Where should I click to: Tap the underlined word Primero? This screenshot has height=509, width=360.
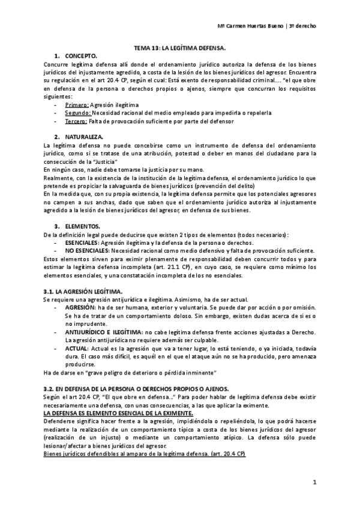(x=76, y=104)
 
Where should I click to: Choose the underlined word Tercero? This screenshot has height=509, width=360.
(x=76, y=121)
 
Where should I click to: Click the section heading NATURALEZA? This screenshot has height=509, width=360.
(x=89, y=137)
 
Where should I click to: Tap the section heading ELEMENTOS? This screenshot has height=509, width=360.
(x=86, y=226)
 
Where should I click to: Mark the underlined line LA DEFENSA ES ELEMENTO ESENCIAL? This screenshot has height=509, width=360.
(x=119, y=414)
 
